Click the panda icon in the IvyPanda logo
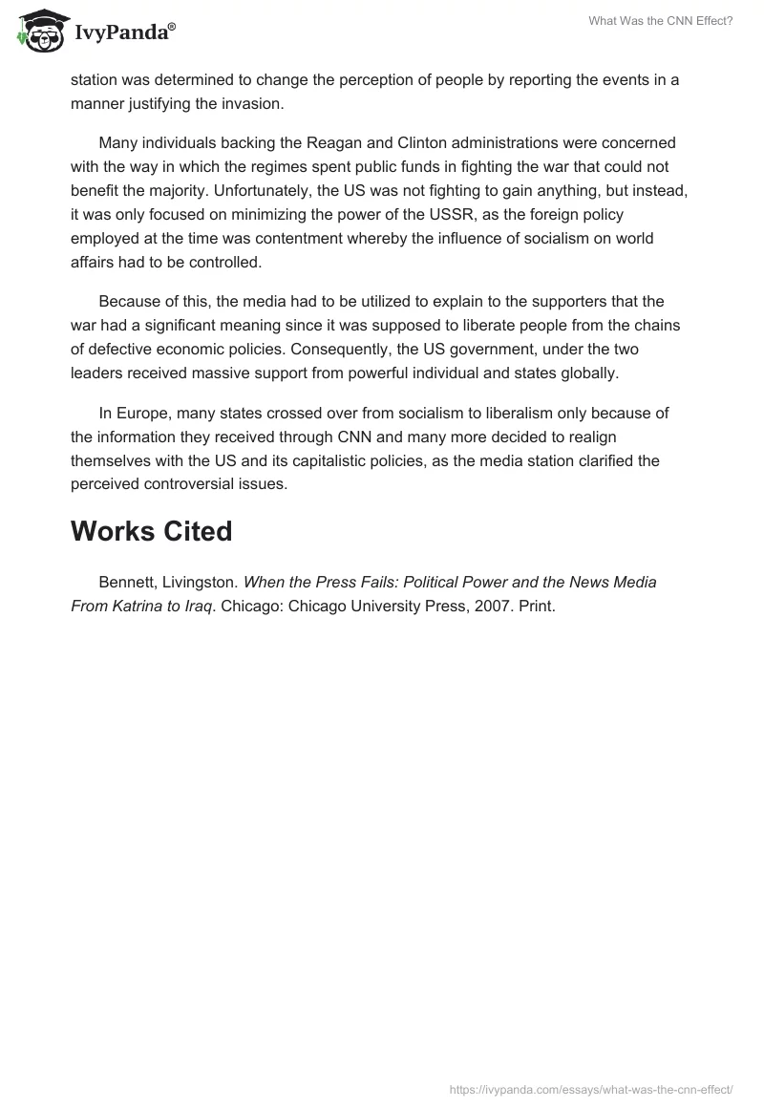(38, 30)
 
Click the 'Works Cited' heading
(151, 531)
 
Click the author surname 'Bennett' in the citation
(126, 582)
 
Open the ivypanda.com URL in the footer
(590, 1088)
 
